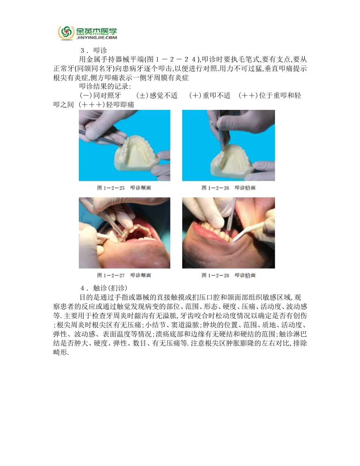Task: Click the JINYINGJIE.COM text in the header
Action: pyautogui.click(x=97, y=38)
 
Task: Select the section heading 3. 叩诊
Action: pyautogui.click(x=94, y=50)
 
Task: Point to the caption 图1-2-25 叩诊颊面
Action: pyautogui.click(x=124, y=188)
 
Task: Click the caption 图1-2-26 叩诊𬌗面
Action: pyautogui.click(x=229, y=188)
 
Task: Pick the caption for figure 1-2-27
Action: pyautogui.click(x=124, y=275)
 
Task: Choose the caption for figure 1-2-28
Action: pyautogui.click(x=229, y=275)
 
